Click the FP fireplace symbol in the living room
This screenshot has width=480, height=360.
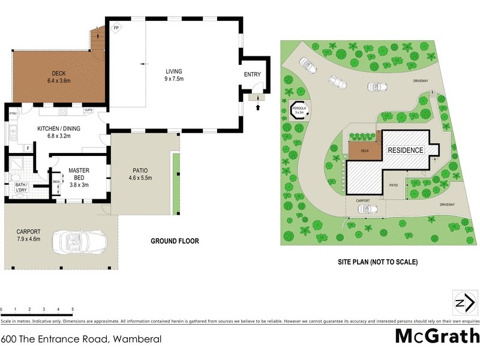116,28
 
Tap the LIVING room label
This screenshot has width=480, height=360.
174,75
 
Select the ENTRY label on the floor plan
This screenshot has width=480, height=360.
253,74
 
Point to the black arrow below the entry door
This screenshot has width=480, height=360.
258,107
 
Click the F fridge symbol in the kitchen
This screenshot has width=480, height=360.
28,148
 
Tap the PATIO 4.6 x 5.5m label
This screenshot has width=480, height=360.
140,174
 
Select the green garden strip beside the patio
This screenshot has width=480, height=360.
176,184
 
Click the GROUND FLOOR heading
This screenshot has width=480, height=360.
175,241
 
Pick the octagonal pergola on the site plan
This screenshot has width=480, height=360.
300,110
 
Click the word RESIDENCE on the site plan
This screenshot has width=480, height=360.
406,150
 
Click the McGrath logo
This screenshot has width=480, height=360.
437,335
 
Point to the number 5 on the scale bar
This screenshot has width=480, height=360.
73,310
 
